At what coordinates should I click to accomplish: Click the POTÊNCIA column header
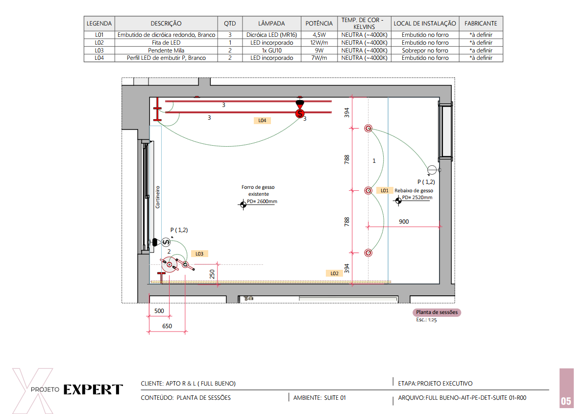(319, 23)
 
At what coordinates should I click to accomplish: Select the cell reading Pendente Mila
(166, 50)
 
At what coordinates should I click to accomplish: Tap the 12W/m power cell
(319, 42)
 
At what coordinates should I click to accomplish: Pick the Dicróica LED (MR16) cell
(271, 34)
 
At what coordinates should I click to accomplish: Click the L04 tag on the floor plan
(262, 120)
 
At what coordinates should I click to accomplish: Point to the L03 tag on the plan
(199, 254)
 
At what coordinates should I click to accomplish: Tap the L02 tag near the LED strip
(334, 273)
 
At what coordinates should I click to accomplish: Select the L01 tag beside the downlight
(385, 190)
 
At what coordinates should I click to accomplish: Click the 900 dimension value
(404, 221)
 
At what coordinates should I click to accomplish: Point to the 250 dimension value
(212, 274)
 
